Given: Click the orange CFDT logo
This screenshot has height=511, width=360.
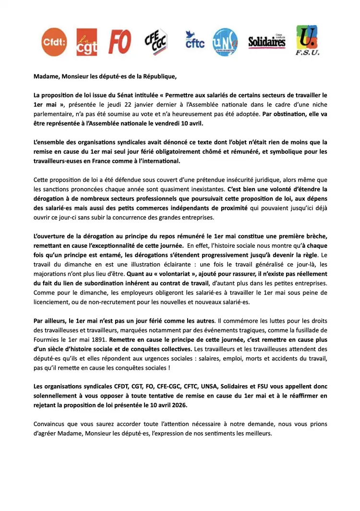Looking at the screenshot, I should pyautogui.click(x=54, y=42).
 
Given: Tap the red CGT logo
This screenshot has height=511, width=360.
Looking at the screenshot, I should pyautogui.click(x=87, y=42).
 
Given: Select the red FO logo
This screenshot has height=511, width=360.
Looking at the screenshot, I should pyautogui.click(x=120, y=42).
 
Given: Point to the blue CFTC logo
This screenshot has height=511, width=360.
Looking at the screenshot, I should pyautogui.click(x=194, y=41).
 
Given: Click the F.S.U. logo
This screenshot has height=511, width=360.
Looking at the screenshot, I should pyautogui.click(x=307, y=41).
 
